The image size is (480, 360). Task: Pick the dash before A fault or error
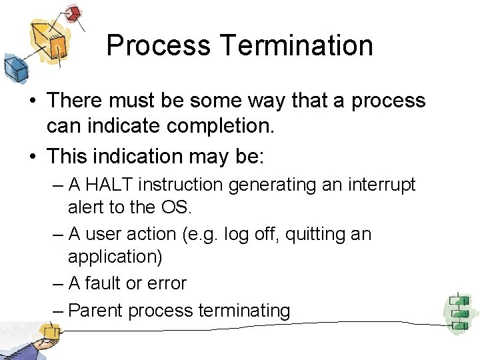(x=58, y=283)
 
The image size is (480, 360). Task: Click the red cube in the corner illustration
(x=74, y=13)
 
